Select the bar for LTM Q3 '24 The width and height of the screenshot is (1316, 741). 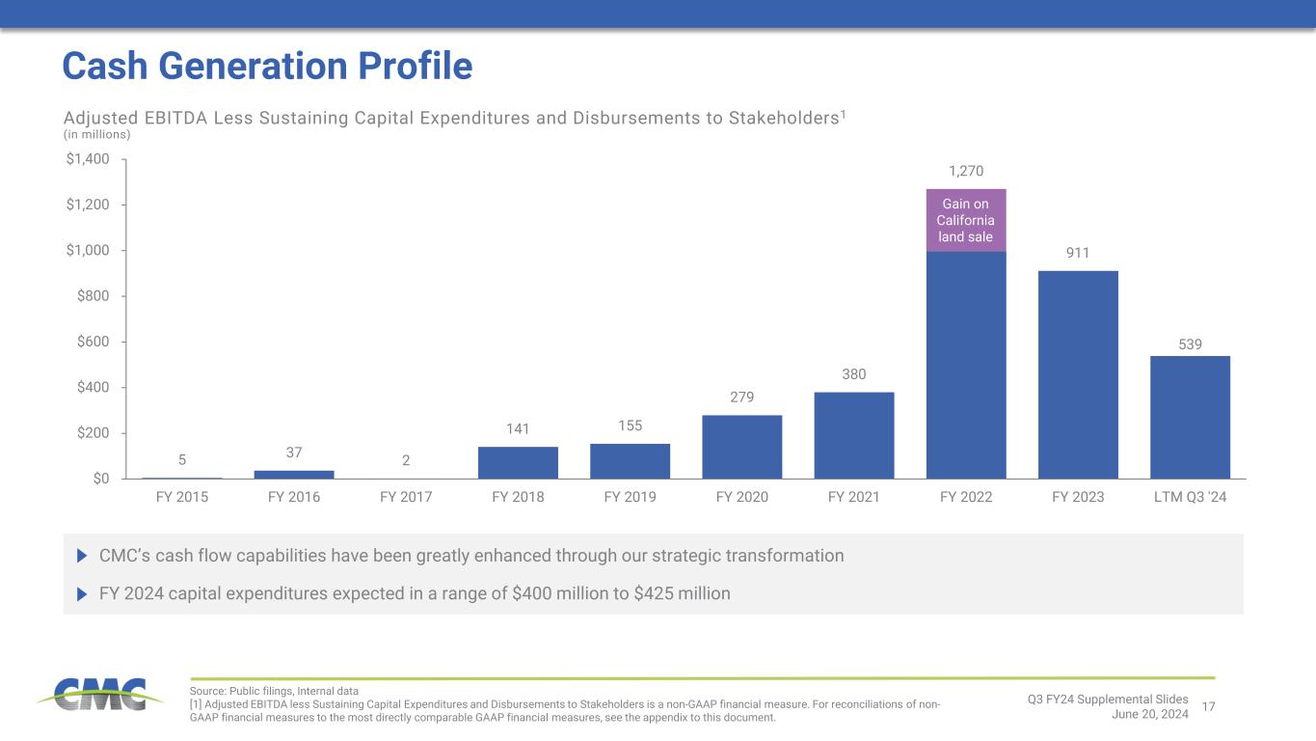[1190, 417]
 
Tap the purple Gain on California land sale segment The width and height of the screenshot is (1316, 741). [966, 220]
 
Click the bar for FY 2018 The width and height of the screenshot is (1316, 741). [518, 462]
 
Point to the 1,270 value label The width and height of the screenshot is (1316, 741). [966, 172]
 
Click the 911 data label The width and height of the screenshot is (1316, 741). [1078, 253]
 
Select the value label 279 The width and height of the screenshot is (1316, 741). [741, 397]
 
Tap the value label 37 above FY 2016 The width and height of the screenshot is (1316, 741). [294, 452]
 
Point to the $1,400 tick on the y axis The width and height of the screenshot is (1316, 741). [87, 158]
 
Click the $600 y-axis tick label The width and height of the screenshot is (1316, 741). [92, 342]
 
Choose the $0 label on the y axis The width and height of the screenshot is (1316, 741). [100, 479]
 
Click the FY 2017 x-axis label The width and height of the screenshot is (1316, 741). [406, 498]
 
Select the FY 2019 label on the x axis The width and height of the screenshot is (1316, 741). [630, 498]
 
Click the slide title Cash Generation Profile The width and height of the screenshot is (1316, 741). [267, 66]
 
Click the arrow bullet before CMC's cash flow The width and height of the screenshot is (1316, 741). [81, 556]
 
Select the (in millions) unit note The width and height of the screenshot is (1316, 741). [96, 135]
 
